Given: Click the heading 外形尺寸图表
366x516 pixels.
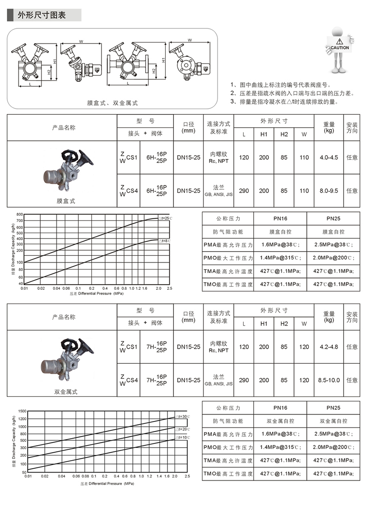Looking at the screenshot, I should click(x=42, y=15).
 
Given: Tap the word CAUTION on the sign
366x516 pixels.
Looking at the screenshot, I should click(x=340, y=48).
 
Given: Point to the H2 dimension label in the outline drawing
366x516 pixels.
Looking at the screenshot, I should click(x=50, y=74).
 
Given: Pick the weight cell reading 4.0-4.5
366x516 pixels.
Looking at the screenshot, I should click(x=329, y=157).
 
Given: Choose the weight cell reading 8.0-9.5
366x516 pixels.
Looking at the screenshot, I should click(x=329, y=190).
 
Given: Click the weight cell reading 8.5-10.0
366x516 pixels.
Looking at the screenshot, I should click(x=329, y=380).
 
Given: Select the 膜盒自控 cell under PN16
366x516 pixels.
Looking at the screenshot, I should click(x=280, y=232).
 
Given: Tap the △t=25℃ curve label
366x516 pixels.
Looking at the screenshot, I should click(x=164, y=218).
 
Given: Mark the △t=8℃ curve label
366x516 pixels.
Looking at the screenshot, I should click(x=164, y=241).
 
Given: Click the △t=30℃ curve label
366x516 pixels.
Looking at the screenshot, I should click(x=182, y=417).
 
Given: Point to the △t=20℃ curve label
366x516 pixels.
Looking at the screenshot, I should click(x=182, y=429).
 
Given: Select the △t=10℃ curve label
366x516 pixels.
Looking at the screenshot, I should click(x=182, y=437).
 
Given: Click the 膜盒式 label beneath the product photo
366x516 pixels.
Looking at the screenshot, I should click(x=66, y=201).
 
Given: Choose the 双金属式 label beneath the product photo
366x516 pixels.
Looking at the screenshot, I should click(x=66, y=392).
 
